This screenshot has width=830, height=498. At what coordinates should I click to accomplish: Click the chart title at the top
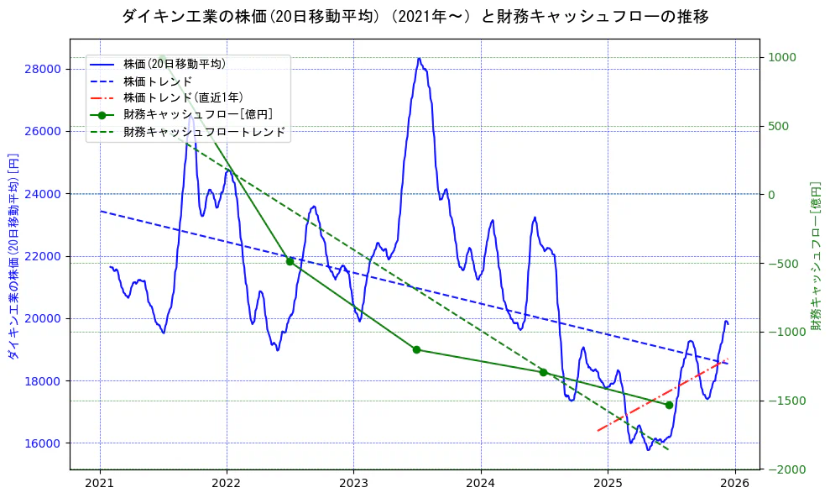415,16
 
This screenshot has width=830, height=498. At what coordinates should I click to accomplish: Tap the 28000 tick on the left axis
47,69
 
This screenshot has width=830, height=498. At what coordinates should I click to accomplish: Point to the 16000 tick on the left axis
47,443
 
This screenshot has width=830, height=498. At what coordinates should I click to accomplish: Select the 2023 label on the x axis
353,483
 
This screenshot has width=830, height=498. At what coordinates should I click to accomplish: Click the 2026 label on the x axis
734,483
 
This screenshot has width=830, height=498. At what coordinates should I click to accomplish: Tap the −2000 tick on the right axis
785,469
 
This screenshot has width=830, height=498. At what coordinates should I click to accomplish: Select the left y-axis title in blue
13,256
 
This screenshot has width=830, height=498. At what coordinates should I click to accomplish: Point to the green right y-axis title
815,256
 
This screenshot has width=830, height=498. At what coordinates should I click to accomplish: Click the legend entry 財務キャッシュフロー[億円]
197,114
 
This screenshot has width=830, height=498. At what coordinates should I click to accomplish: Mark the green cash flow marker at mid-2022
290,261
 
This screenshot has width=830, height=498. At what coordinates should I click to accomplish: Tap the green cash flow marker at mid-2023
416,349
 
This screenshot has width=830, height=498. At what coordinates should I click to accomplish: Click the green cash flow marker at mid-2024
543,372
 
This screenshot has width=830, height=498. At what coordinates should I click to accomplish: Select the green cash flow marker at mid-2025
669,405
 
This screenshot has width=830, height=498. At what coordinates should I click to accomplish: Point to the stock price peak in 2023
419,59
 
